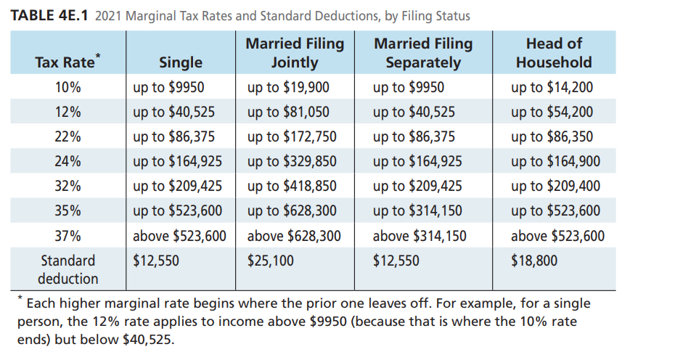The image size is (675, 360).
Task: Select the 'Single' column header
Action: (x=180, y=62)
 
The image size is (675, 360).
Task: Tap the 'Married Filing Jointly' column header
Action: (x=295, y=53)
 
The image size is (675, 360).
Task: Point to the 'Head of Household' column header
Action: (x=554, y=53)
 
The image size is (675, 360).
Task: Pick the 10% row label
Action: (x=67, y=88)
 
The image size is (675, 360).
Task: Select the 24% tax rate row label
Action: (x=67, y=161)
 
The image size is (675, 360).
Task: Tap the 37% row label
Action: (x=67, y=236)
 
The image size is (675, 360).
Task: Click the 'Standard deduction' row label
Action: (x=67, y=269)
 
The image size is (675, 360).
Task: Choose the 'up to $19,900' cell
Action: (x=288, y=88)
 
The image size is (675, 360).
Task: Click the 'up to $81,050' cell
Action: (x=288, y=112)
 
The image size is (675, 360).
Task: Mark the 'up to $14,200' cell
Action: (x=552, y=88)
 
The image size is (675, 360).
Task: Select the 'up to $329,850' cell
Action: (x=292, y=161)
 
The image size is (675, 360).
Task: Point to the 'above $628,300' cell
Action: (x=294, y=236)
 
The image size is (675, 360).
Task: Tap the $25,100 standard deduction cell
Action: (x=271, y=261)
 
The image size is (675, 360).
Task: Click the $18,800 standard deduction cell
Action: (x=533, y=261)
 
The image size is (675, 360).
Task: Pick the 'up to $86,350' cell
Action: (x=552, y=136)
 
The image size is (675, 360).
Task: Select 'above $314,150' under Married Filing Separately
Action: (x=420, y=236)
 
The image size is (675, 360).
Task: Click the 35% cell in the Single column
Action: (x=178, y=211)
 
